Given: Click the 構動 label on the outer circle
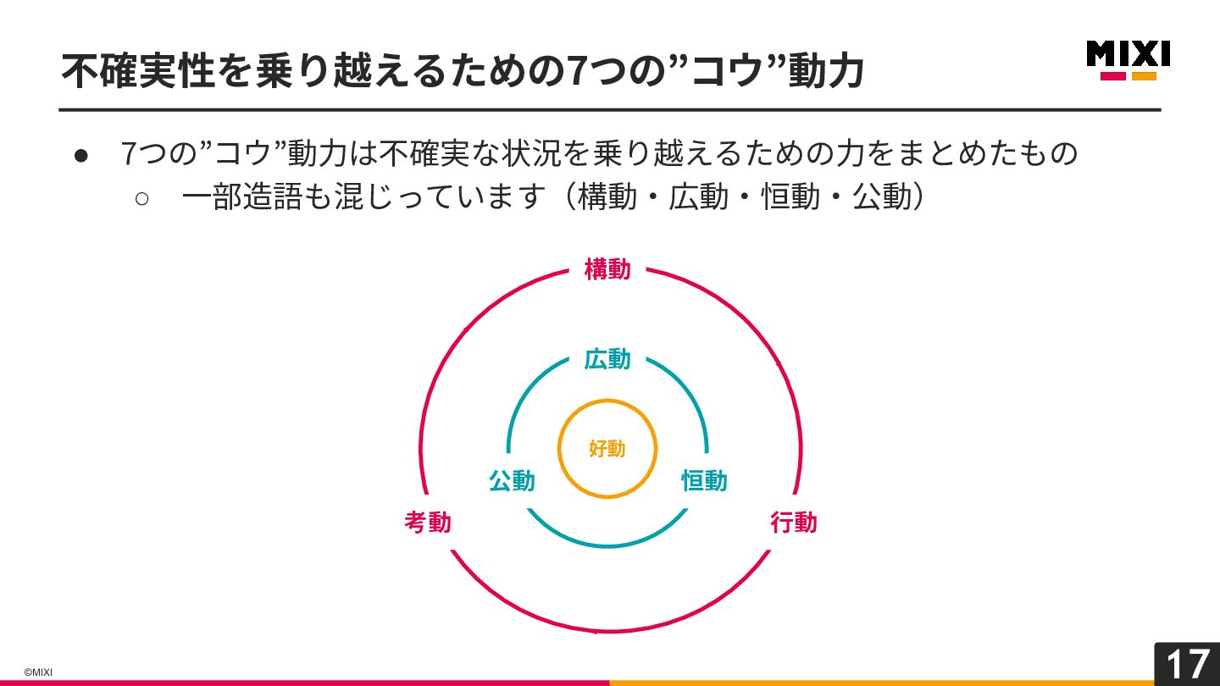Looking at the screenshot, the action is pyautogui.click(x=607, y=270).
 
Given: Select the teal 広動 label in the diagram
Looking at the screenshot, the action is pyautogui.click(x=607, y=360).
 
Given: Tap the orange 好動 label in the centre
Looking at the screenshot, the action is pyautogui.click(x=607, y=449).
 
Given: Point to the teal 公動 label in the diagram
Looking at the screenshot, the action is pyautogui.click(x=512, y=481).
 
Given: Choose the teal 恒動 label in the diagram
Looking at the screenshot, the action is pyautogui.click(x=704, y=481).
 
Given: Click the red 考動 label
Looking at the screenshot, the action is pyautogui.click(x=428, y=523).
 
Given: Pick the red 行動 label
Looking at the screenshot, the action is pyautogui.click(x=794, y=523).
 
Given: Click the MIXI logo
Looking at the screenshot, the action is pyautogui.click(x=1128, y=54).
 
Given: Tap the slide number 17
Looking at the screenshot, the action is pyautogui.click(x=1187, y=665).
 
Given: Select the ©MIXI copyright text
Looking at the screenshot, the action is pyautogui.click(x=38, y=672).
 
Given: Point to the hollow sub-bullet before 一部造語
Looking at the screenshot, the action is pyautogui.click(x=141, y=198).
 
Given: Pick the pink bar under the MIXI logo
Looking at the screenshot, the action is pyautogui.click(x=1112, y=76).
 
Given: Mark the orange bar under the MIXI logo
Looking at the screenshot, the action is pyautogui.click(x=1144, y=76).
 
